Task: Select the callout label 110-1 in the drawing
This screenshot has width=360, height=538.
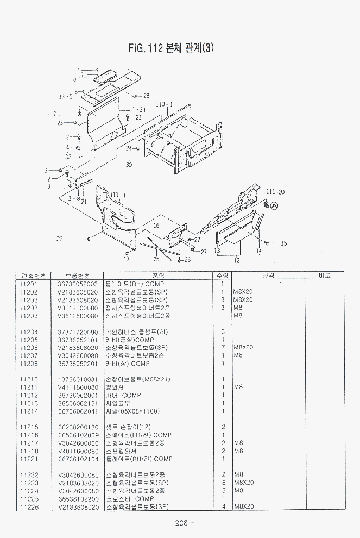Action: pos(164,104)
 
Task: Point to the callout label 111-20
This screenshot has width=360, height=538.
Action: pos(276,192)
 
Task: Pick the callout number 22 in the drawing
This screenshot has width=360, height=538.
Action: pos(60,239)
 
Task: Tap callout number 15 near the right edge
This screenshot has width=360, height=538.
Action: pos(283,243)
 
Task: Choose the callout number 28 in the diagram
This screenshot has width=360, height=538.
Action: pos(146,96)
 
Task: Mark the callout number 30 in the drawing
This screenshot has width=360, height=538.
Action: pos(129,165)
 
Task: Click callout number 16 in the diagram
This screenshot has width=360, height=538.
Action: pos(156,224)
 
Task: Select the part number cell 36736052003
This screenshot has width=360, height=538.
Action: pos(78,284)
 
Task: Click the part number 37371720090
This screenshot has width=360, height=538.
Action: pos(78,331)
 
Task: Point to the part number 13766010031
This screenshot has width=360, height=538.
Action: pos(78,379)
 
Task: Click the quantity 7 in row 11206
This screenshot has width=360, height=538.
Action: pos(223,347)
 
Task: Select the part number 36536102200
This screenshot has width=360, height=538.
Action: pos(78,499)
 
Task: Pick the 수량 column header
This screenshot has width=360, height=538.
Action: pos(223,276)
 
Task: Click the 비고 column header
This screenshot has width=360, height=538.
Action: pos(325,276)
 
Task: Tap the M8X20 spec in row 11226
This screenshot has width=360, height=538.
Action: pos(244,507)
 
